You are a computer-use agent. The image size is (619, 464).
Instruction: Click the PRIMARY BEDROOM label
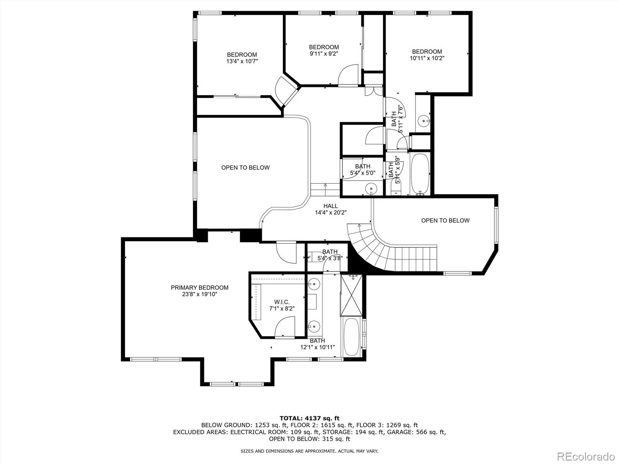click(200, 288)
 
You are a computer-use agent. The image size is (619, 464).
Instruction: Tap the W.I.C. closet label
click(282, 302)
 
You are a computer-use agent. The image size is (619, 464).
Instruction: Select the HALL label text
click(330, 206)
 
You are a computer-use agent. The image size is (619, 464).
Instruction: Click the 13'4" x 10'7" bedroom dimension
click(242, 61)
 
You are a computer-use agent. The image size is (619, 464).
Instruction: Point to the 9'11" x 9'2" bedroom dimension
click(324, 54)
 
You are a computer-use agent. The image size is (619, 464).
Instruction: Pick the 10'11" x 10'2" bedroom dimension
click(427, 58)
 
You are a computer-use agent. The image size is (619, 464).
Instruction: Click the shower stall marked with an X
click(351, 296)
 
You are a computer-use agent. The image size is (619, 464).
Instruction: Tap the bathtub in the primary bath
click(351, 336)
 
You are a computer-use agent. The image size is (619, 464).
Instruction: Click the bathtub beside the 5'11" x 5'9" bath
click(420, 174)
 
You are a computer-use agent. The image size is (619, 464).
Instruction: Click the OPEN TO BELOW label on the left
click(245, 167)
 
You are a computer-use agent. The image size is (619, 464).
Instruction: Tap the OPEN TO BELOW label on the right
click(445, 220)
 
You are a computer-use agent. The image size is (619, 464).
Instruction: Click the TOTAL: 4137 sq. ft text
click(309, 418)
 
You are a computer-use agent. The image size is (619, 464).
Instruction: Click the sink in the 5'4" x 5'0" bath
click(371, 189)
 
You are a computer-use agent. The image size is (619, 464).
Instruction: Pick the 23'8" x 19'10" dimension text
click(200, 294)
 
